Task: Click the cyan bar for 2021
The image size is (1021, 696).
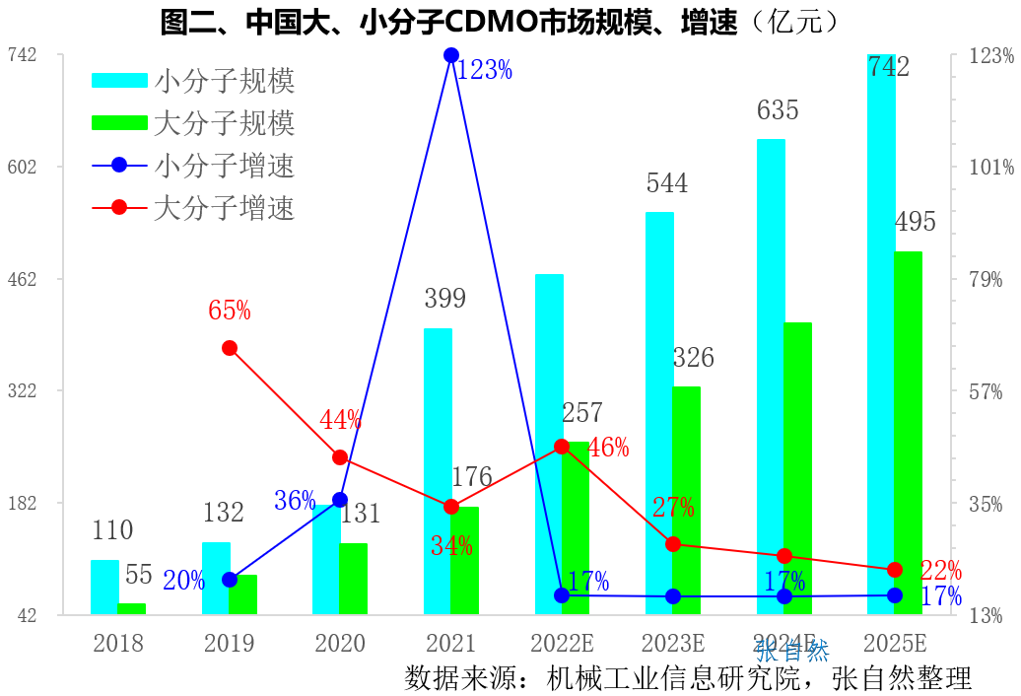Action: click(438, 471)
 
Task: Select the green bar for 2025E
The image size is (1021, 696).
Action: click(909, 433)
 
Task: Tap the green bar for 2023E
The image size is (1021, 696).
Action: click(686, 501)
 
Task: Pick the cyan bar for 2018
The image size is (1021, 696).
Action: click(104, 588)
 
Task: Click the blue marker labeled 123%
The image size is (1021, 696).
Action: click(450, 55)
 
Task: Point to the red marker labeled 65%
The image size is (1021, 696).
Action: click(230, 348)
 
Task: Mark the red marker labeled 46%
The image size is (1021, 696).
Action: click(562, 447)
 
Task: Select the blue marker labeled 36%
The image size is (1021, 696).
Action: click(340, 500)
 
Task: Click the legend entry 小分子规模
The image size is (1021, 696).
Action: click(193, 81)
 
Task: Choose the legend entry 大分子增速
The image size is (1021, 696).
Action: click(193, 208)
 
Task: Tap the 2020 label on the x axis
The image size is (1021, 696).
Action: click(340, 645)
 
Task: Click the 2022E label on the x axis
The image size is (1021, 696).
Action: click(562, 645)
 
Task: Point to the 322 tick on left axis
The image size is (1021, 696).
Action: click(23, 391)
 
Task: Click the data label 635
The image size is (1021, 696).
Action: click(778, 110)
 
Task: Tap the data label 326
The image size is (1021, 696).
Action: click(693, 358)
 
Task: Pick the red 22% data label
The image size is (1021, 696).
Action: click(940, 571)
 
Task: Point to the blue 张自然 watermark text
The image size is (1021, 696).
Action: click(793, 651)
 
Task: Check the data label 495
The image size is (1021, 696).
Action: click(915, 222)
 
